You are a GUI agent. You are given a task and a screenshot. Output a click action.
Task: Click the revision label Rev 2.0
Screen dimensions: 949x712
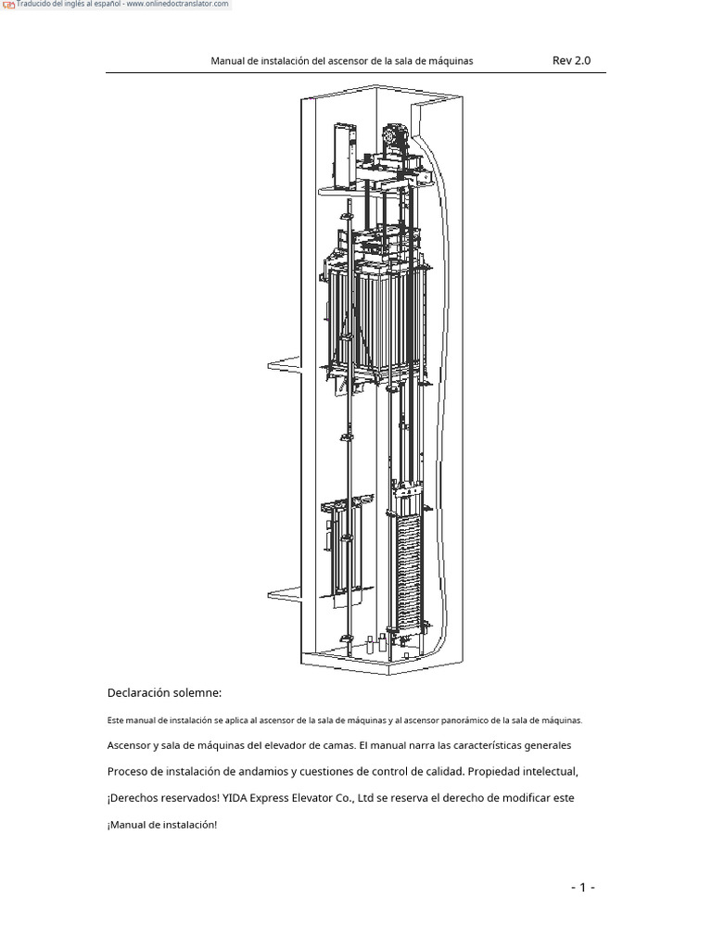[571, 61]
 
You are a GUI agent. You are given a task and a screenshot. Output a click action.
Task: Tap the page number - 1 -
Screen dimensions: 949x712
[582, 888]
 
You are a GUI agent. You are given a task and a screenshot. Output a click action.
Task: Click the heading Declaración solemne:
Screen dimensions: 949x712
[164, 693]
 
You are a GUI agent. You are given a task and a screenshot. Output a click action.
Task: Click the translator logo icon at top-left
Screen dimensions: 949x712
[9, 6]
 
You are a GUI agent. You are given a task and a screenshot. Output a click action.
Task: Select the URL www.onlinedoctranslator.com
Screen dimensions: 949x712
[177, 5]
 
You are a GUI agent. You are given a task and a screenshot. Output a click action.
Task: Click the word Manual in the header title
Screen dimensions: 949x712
[228, 61]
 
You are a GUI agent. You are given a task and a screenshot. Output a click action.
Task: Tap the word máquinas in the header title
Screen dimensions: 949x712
[451, 61]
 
